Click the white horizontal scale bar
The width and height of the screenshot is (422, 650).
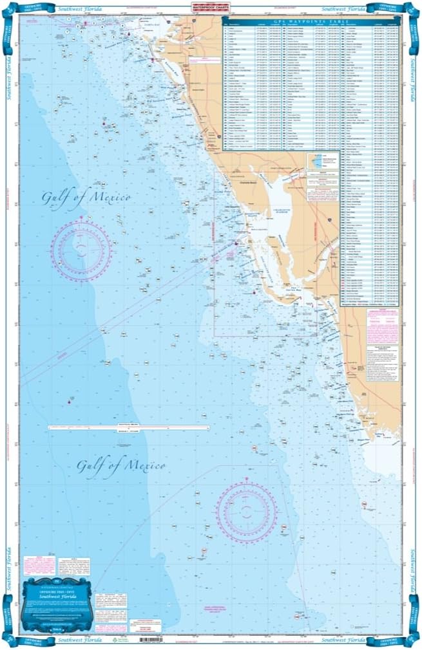pos(129,427)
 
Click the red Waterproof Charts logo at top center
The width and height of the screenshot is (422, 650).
pos(211,7)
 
